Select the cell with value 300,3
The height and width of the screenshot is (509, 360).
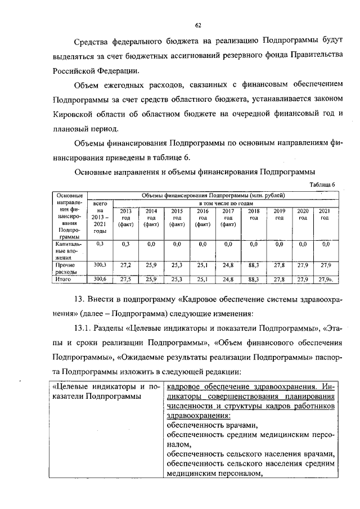(x=100, y=264)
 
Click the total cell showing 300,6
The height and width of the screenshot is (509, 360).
(x=100, y=278)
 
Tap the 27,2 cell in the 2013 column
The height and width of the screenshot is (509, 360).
(x=125, y=264)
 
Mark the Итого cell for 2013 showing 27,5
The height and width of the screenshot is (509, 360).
(x=125, y=278)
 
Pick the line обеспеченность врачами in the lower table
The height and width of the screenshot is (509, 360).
(x=211, y=425)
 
